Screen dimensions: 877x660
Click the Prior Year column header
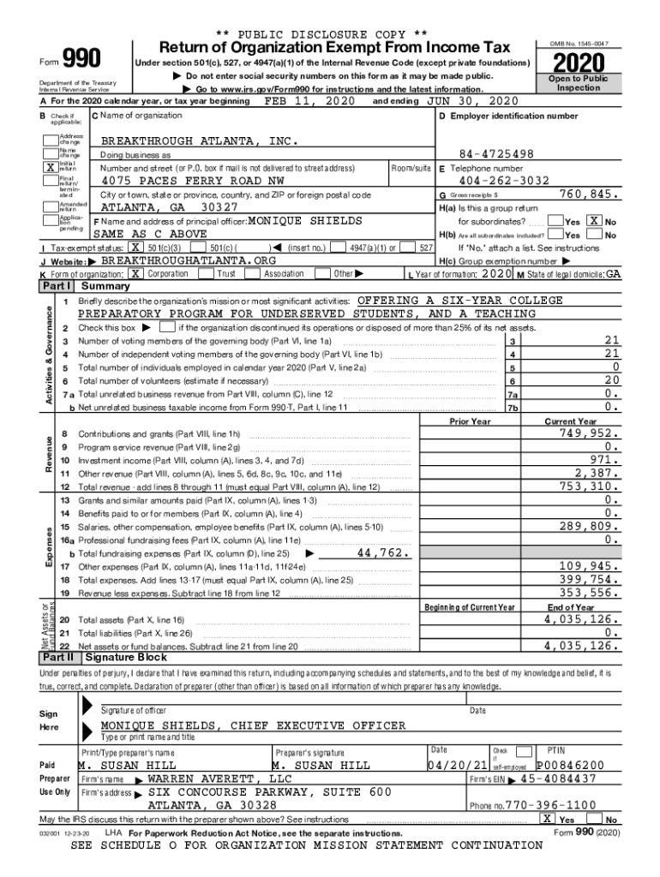click(470, 421)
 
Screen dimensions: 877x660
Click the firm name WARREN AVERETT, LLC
click(219, 779)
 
